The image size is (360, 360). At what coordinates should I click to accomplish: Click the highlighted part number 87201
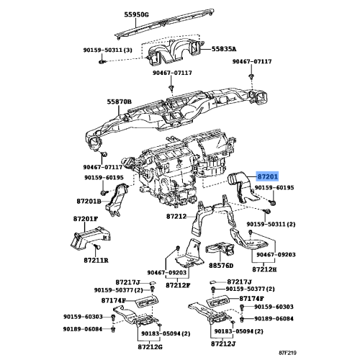click(268, 177)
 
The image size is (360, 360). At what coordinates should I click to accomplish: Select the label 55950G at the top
click(136, 15)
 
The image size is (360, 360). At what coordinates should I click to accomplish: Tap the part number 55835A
click(224, 49)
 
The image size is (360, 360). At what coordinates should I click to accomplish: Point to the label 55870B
click(120, 102)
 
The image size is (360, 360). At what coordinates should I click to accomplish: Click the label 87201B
click(89, 201)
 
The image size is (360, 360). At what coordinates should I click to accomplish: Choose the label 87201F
click(86, 219)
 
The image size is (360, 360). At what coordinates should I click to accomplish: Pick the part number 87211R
click(96, 260)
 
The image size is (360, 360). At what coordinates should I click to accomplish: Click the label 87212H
click(264, 269)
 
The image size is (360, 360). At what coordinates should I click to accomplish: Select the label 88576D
click(221, 266)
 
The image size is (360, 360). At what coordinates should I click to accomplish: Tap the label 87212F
click(178, 285)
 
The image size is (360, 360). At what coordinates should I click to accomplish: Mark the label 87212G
click(150, 347)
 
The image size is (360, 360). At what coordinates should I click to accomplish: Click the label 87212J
click(223, 343)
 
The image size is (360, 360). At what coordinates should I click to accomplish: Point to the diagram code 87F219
click(287, 353)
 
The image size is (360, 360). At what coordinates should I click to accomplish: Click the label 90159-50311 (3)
click(108, 50)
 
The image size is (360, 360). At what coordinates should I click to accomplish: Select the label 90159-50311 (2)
click(271, 224)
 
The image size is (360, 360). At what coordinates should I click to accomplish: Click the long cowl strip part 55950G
click(164, 24)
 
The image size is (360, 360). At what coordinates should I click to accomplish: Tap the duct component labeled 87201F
click(91, 238)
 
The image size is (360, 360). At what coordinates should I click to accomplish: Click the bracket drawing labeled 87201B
click(117, 200)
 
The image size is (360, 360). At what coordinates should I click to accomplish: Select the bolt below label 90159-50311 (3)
click(102, 62)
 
